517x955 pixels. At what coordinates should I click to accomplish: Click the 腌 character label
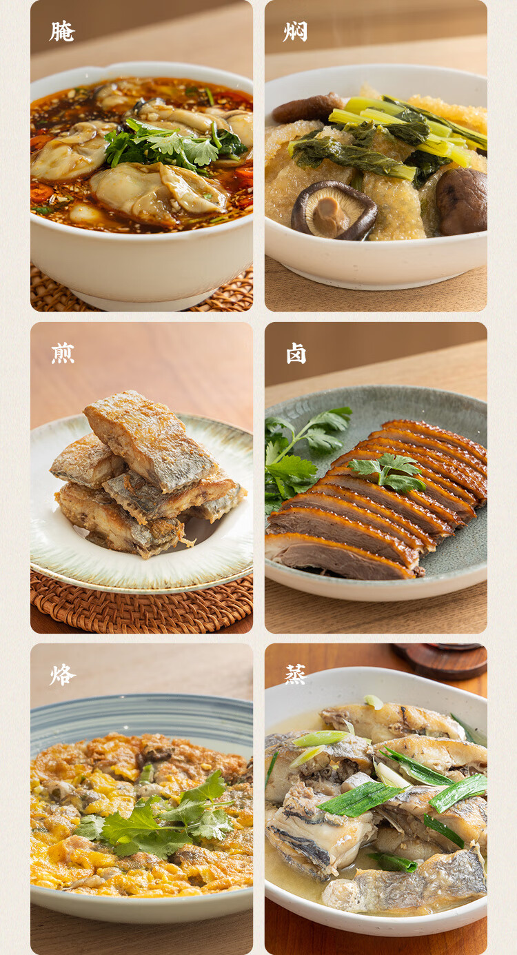(62, 32)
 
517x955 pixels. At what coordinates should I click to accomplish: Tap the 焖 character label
(295, 32)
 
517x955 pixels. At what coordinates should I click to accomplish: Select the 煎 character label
(63, 354)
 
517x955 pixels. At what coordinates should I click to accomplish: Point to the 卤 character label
(296, 354)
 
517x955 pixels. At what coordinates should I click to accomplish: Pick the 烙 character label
(63, 675)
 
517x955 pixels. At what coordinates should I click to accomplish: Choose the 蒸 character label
(295, 675)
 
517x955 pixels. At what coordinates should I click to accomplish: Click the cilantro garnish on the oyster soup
(175, 144)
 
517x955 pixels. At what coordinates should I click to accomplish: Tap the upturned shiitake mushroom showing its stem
(334, 210)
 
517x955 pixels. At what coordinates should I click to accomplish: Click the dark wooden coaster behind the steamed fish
(443, 661)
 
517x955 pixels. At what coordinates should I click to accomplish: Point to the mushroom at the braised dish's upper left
(307, 108)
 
